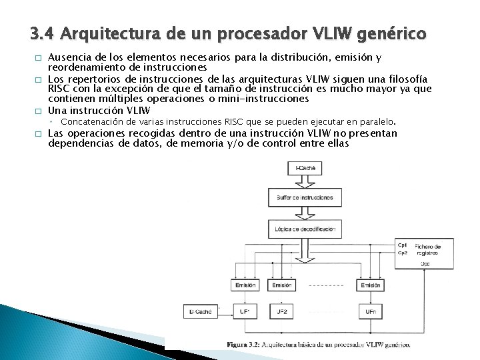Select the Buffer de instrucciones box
pyautogui.click(x=305, y=197)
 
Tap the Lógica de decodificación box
pyautogui.click(x=305, y=229)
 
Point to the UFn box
pyautogui.click(x=370, y=311)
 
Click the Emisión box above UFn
pyautogui.click(x=370, y=285)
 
